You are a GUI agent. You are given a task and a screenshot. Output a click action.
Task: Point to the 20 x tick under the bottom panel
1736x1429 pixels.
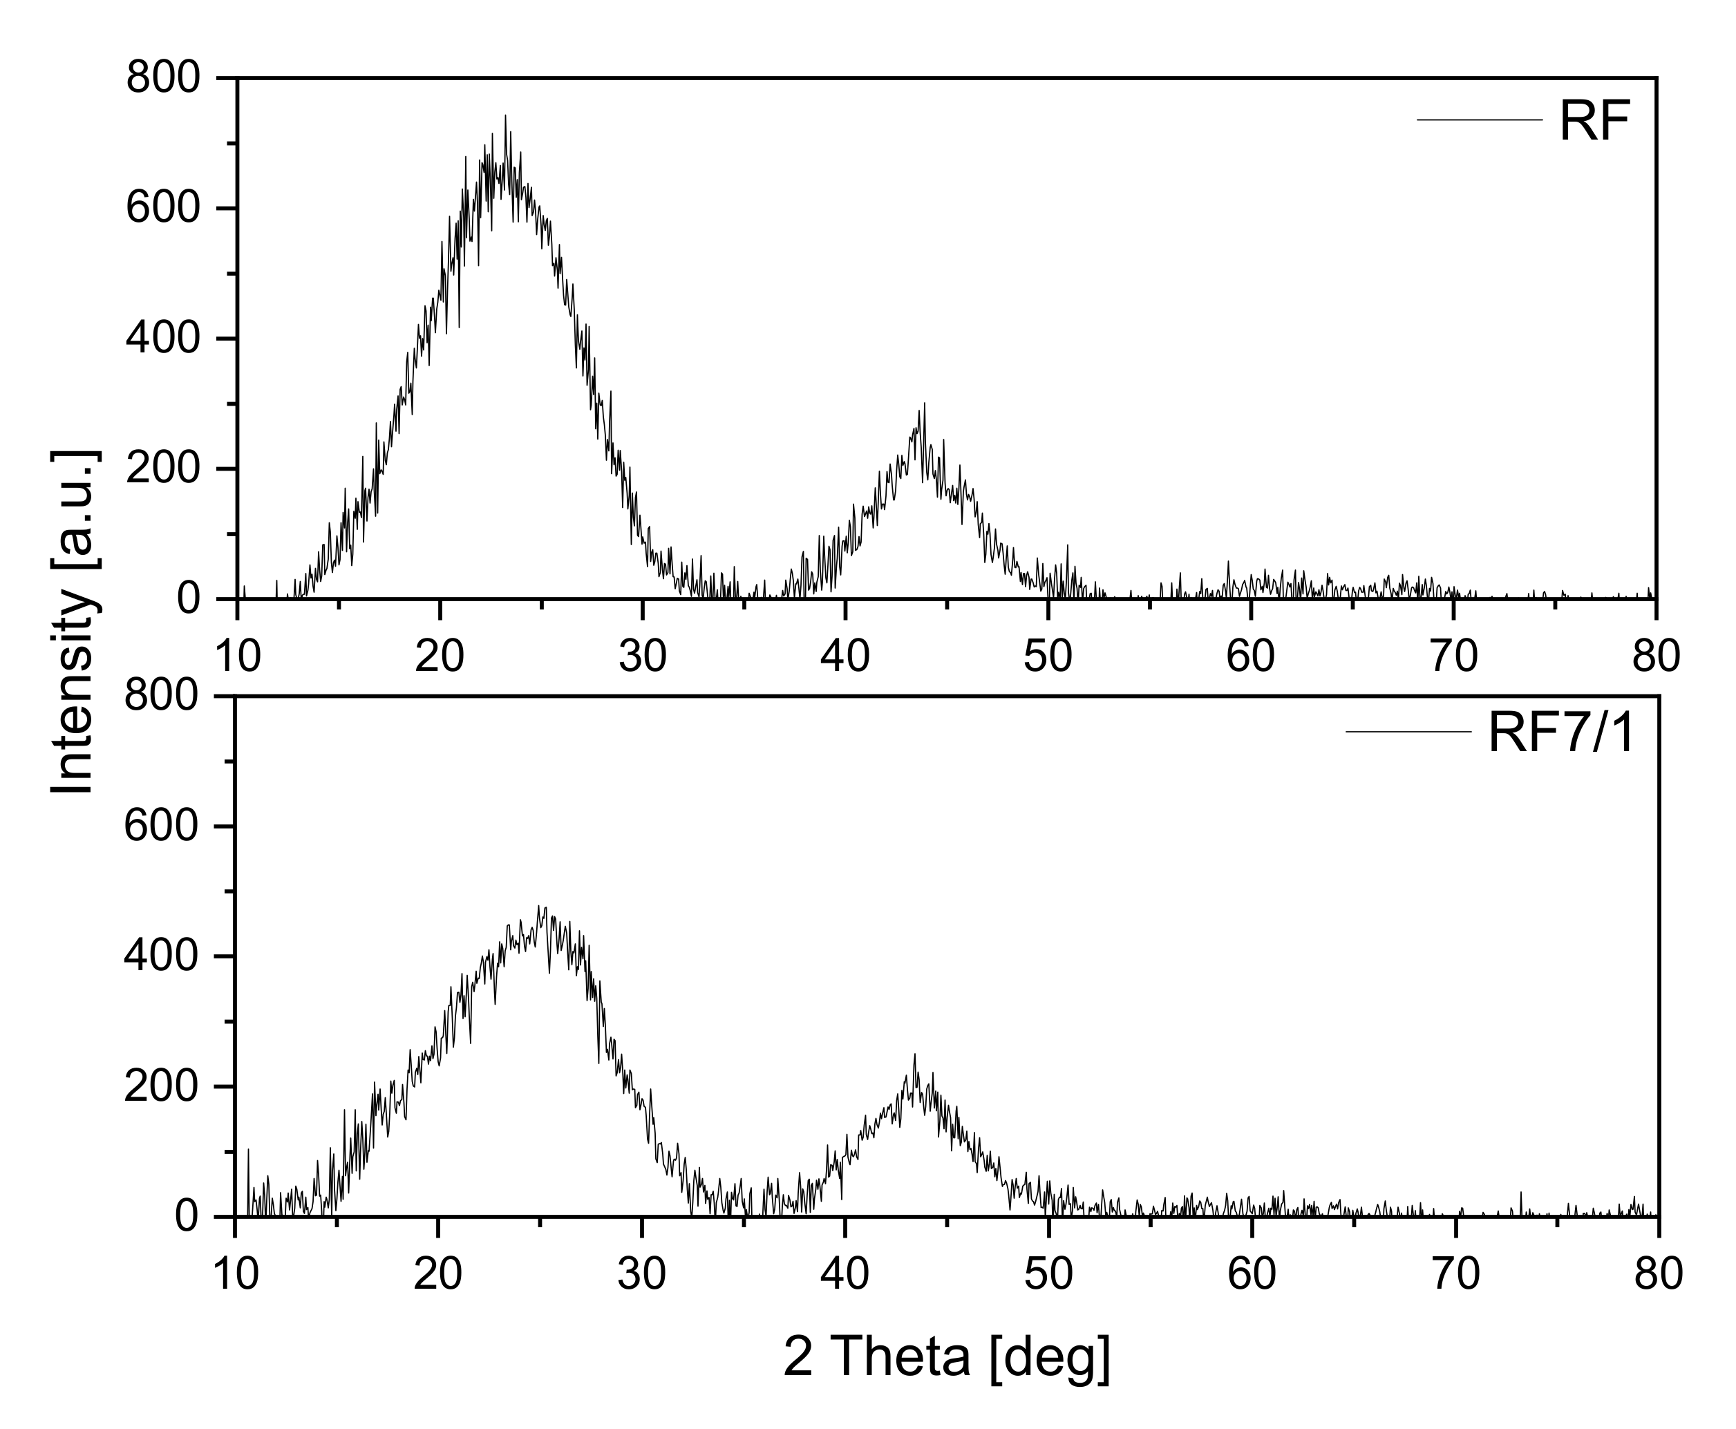click(x=438, y=1274)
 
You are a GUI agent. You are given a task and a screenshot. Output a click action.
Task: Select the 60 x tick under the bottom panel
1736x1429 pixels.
click(x=1251, y=1274)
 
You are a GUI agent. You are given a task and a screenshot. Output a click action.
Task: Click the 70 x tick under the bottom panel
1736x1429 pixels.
click(x=1455, y=1274)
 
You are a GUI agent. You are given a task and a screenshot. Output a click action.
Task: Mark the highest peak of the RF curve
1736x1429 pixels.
click(x=504, y=116)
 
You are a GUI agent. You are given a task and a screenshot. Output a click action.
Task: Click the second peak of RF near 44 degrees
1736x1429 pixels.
click(x=925, y=404)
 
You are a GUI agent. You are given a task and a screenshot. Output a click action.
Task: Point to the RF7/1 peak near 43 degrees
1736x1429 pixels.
click(x=914, y=1054)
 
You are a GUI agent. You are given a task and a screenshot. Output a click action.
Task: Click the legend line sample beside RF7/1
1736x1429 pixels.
click(x=1408, y=732)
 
